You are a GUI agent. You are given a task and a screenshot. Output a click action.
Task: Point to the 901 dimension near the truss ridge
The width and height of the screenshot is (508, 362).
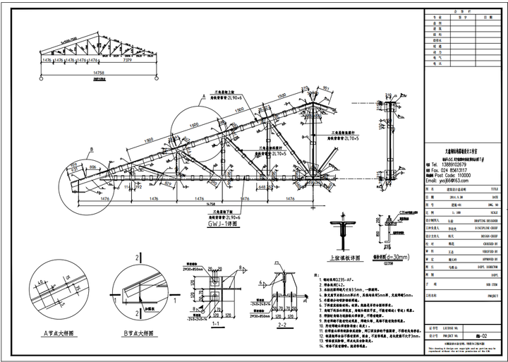pos(325,88)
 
